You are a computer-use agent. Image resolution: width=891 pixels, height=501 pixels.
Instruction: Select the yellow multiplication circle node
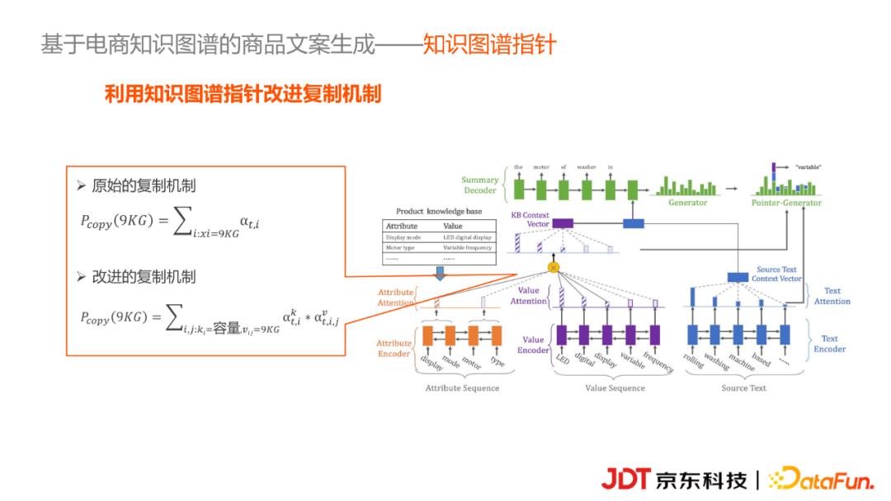[553, 266]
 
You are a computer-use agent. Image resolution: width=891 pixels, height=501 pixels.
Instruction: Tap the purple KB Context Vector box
[562, 223]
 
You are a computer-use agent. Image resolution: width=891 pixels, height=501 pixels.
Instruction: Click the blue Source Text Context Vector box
[738, 278]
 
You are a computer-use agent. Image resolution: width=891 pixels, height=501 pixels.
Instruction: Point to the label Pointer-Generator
[785, 203]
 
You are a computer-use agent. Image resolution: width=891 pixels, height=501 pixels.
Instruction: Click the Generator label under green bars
[687, 203]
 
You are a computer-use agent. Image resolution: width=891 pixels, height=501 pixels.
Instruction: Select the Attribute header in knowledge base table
[402, 226]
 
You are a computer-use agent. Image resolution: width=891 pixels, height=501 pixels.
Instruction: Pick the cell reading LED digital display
[467, 237]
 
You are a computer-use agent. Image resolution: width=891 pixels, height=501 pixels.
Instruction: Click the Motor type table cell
[400, 247]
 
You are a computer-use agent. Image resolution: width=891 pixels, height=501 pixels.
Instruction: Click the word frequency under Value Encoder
[658, 363]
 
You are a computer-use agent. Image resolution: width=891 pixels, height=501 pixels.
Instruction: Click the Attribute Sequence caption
[462, 388]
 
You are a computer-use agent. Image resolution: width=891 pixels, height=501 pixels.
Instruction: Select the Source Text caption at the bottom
[744, 388]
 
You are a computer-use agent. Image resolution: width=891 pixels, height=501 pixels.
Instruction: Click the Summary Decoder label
[479, 185]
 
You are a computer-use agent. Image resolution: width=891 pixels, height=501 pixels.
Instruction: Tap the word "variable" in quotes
[808, 167]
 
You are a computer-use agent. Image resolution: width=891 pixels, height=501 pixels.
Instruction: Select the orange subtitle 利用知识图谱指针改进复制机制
[243, 94]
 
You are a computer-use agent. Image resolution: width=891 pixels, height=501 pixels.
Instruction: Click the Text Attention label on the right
[832, 297]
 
